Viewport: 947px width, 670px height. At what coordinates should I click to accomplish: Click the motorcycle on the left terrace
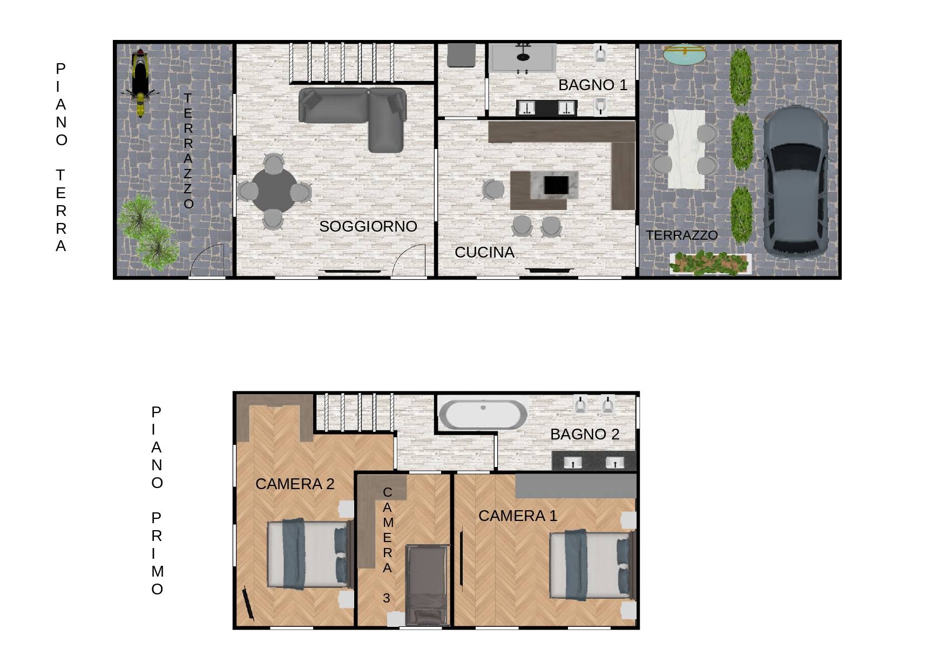pos(140,82)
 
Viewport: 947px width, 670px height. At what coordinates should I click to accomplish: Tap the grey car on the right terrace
pos(795,181)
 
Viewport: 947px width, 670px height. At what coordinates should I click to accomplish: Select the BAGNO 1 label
pos(593,85)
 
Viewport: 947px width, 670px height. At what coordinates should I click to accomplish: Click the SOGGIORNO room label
pos(368,227)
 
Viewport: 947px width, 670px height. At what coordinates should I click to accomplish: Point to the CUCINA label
pos(484,253)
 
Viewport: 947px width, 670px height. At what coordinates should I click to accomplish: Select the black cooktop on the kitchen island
pos(556,185)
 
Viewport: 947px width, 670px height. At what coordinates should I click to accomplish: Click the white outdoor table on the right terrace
pos(686,150)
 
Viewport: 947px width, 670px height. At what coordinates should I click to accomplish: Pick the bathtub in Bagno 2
pos(483,414)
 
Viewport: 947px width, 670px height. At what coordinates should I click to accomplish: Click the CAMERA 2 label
pos(295,484)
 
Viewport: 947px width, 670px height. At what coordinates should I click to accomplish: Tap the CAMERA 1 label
pos(517,516)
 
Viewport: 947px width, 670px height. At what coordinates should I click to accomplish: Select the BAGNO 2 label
pos(585,435)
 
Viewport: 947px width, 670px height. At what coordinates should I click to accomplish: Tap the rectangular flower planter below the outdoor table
pos(710,263)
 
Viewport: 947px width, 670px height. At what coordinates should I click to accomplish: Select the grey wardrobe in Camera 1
pos(576,486)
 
